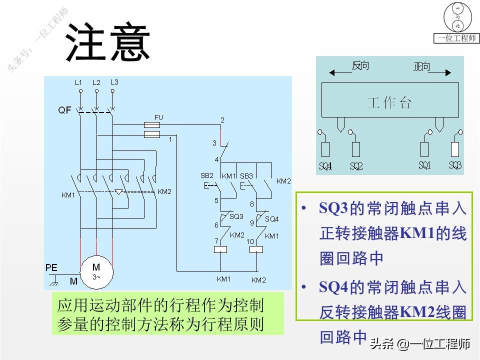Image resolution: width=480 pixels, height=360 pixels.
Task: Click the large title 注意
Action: tap(108, 42)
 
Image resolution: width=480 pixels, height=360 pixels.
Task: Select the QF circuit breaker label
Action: tap(64, 110)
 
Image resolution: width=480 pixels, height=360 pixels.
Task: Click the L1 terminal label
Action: tap(78, 82)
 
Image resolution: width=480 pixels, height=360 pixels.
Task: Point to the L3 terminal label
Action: tap(114, 82)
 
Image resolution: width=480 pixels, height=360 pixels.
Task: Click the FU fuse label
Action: tap(158, 117)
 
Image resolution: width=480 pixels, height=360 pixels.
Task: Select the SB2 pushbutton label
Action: tap(206, 176)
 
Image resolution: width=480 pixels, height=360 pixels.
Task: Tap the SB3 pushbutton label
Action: tap(246, 176)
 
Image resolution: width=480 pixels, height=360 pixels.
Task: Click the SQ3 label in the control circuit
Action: tap(236, 216)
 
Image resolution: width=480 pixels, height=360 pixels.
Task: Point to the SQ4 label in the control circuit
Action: tap(272, 219)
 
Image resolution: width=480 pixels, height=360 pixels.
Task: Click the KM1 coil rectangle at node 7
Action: tap(220, 248)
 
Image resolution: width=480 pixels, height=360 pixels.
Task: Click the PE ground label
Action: tap(51, 268)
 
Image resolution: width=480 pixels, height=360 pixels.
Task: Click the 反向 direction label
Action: tap(360, 66)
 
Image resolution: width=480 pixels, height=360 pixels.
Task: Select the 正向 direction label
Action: tap(422, 66)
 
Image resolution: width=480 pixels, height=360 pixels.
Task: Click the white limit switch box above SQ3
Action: tap(455, 149)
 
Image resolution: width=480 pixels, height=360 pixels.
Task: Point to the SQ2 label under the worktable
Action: tap(356, 165)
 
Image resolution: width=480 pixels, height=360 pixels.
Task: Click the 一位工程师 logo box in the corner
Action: tap(456, 23)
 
